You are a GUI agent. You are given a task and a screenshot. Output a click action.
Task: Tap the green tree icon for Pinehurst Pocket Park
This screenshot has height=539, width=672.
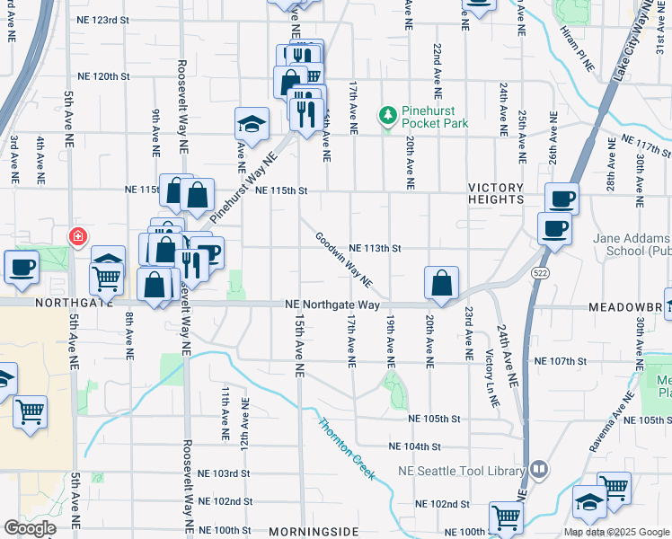(x=388, y=115)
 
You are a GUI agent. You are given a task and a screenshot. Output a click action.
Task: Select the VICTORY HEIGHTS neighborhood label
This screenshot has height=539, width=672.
(x=495, y=189)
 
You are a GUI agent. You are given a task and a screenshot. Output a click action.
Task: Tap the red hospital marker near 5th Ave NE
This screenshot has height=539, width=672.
(x=79, y=237)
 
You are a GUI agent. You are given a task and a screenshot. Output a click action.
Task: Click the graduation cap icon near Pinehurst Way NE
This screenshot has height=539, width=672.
(x=252, y=124)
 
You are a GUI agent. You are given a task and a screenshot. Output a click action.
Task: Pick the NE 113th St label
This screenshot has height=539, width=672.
(x=374, y=248)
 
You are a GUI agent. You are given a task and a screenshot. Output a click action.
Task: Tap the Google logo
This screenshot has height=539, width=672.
(x=30, y=528)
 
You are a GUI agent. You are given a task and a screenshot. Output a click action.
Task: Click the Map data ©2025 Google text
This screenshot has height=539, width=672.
(x=615, y=532)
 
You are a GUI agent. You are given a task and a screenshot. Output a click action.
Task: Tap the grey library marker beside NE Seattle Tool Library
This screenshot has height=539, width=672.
(x=539, y=468)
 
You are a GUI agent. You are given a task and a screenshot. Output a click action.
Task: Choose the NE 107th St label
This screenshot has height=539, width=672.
(x=560, y=361)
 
